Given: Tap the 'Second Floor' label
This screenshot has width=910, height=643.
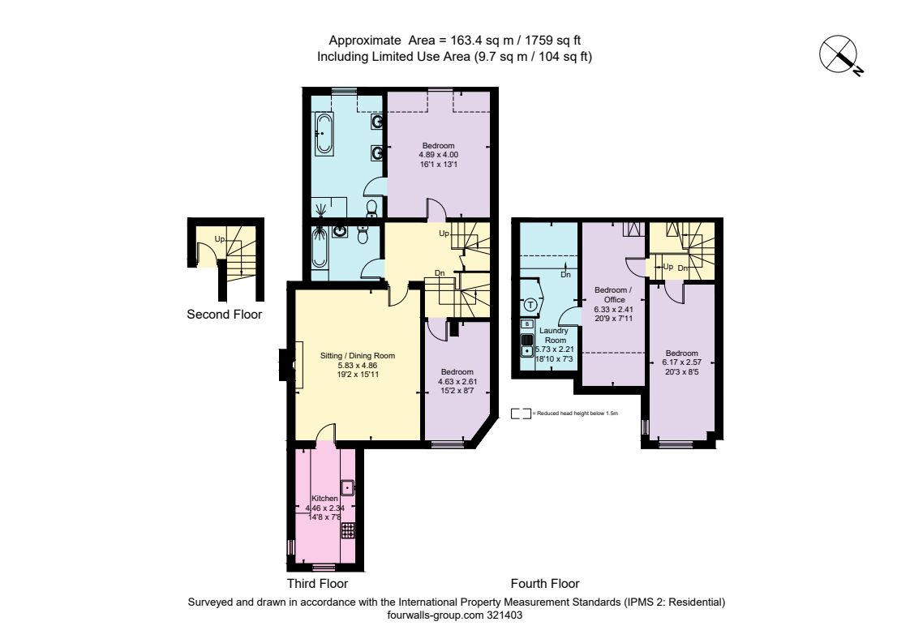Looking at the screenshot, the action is click(224, 315).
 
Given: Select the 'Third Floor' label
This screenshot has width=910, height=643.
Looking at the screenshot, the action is click(317, 583).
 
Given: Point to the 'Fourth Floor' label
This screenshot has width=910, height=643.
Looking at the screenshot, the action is click(545, 583).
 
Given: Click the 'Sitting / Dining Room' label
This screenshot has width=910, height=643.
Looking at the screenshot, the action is click(358, 356).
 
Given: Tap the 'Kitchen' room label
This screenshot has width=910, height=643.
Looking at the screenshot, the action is click(324, 499).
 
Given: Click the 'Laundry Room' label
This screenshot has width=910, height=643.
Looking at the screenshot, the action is click(554, 336).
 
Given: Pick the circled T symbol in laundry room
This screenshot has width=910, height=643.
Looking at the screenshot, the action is click(530, 304).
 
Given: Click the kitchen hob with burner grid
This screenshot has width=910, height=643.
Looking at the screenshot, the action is click(348, 529).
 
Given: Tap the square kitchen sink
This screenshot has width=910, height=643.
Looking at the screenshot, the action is click(348, 487).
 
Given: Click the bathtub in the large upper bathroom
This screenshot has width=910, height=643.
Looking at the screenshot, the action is click(324, 134).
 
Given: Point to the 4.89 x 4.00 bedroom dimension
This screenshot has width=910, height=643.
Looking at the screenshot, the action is click(438, 155).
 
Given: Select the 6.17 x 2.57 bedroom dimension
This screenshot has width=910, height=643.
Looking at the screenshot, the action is click(682, 362).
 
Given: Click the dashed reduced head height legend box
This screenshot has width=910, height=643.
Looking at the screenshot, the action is click(521, 414).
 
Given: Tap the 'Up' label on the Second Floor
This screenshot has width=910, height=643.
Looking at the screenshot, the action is click(219, 239).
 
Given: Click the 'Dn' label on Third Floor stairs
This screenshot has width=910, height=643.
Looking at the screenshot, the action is click(440, 272).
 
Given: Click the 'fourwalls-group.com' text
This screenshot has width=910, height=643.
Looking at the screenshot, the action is click(436, 615).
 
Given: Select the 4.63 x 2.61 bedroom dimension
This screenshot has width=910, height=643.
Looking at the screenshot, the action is click(457, 381).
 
